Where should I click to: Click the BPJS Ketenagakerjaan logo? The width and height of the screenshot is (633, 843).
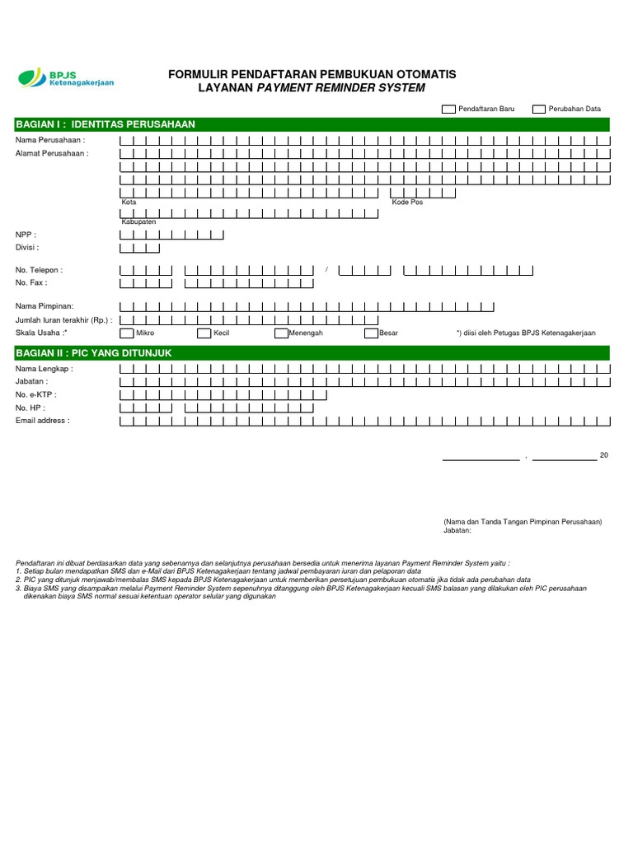[67, 78]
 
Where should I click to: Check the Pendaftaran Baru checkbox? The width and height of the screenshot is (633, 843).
[449, 109]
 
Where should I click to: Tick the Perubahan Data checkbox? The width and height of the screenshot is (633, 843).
[539, 109]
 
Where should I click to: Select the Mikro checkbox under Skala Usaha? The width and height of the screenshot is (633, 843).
[127, 333]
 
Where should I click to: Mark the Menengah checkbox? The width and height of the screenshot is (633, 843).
[281, 333]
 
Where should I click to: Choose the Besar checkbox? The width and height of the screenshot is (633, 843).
[371, 333]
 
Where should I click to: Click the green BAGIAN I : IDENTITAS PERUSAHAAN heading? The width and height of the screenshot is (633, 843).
[105, 124]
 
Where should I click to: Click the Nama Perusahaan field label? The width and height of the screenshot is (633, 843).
[50, 141]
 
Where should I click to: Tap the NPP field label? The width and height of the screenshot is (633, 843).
[26, 235]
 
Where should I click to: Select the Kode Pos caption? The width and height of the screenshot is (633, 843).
[407, 203]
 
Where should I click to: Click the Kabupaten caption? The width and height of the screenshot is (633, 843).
[138, 221]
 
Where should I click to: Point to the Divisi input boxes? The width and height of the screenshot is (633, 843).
[140, 247]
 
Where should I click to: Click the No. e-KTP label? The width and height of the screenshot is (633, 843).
[36, 395]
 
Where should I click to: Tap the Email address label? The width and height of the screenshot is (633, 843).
[43, 421]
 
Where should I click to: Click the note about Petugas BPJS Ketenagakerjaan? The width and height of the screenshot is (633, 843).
[526, 333]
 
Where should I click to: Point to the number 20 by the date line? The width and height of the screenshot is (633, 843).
[604, 455]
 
